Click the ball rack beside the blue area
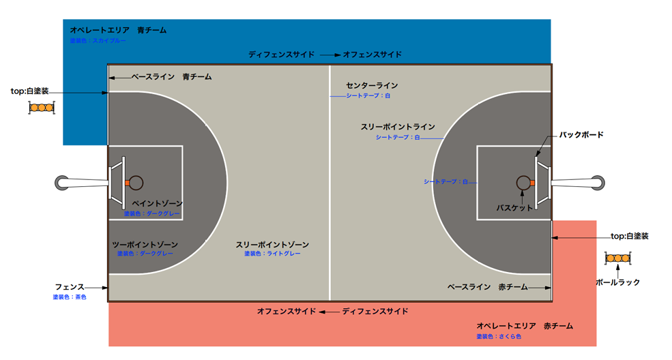point(42,108)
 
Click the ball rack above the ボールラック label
point(618,258)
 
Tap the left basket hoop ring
point(136,182)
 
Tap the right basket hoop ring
point(523,182)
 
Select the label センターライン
point(372,86)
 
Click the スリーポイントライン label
point(398,127)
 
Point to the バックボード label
point(581,135)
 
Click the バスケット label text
point(514,207)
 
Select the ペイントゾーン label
point(157,204)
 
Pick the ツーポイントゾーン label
point(145,245)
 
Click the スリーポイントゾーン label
point(272,245)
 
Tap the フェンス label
point(70,287)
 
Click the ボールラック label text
point(617,282)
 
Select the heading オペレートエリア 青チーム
point(118,31)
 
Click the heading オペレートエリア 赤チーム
point(525,327)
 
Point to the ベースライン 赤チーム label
point(487,287)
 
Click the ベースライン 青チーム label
point(171,77)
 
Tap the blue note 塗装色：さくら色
point(498,336)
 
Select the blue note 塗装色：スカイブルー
point(98,41)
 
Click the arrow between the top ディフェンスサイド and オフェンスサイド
point(330,55)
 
